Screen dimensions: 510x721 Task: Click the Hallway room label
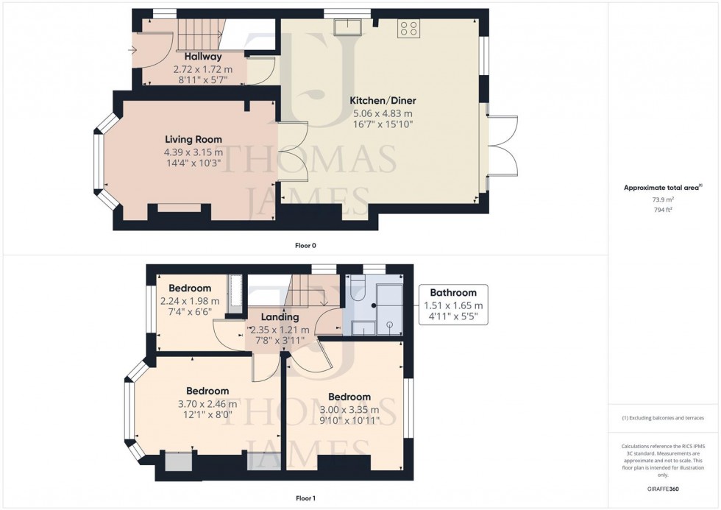(202, 56)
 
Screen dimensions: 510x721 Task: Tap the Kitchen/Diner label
(382, 100)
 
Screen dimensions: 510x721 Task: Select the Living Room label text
(193, 139)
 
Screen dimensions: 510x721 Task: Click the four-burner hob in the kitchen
(408, 29)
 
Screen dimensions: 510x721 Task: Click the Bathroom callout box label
(453, 292)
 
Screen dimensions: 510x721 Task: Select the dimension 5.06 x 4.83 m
(382, 113)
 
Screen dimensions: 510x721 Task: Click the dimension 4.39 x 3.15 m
(193, 152)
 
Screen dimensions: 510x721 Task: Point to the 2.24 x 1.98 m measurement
(190, 301)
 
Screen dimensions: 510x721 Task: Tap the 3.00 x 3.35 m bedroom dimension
(349, 410)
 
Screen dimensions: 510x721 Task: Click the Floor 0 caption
(305, 245)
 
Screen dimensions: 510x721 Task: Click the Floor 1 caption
(305, 498)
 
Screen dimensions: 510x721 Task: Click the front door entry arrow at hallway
(132, 50)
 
